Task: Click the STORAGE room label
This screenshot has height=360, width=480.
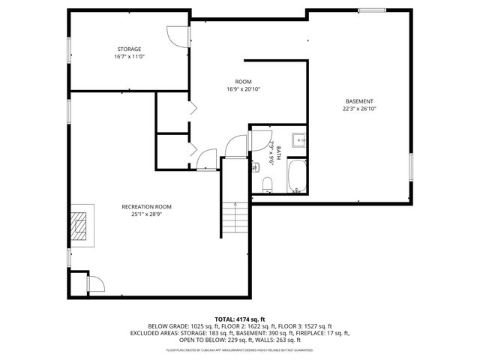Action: click(x=128, y=49)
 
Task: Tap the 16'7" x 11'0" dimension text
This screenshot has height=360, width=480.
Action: click(x=128, y=57)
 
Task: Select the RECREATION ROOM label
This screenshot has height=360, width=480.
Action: click(x=147, y=206)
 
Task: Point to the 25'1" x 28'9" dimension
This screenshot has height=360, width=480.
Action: click(x=147, y=214)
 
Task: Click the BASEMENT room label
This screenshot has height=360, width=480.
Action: click(x=358, y=101)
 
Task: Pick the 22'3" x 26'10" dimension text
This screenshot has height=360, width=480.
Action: click(x=358, y=109)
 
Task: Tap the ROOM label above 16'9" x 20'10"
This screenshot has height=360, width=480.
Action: click(x=243, y=81)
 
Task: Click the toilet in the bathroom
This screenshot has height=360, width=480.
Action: click(x=267, y=184)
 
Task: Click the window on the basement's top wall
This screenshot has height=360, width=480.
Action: click(x=371, y=10)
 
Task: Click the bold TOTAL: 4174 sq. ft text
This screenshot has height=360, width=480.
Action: click(x=240, y=319)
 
